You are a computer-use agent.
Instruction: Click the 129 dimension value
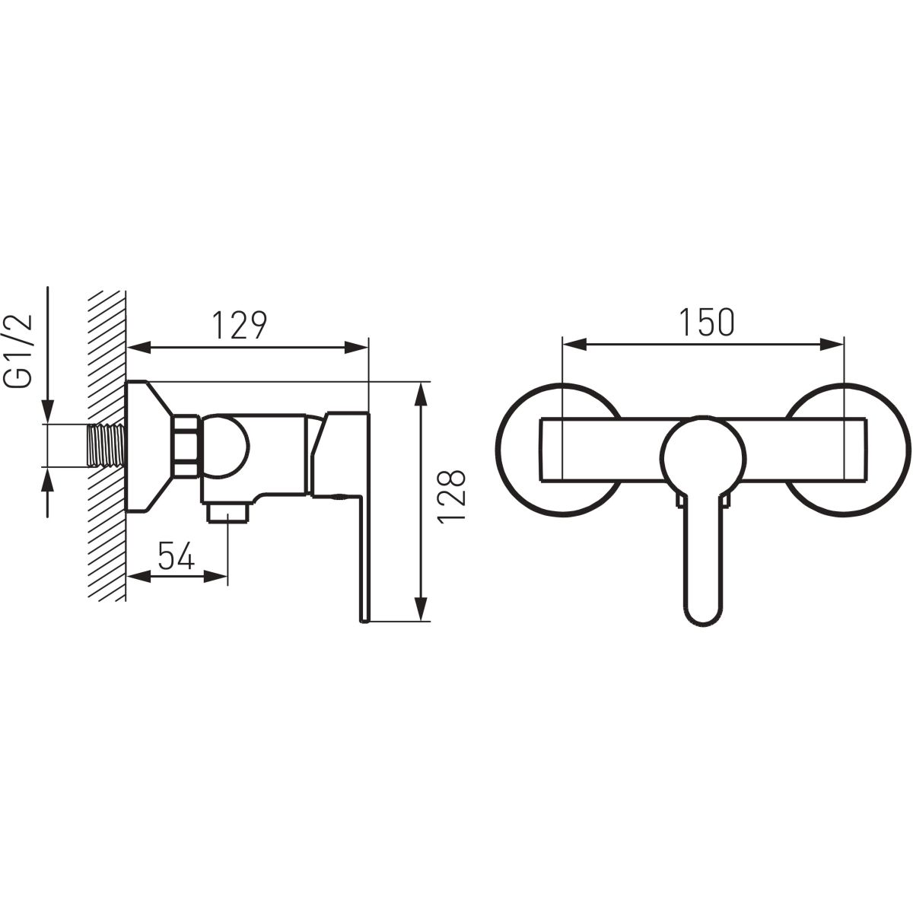[239, 325]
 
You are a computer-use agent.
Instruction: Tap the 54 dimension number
[177, 555]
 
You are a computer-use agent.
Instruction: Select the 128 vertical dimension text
[452, 497]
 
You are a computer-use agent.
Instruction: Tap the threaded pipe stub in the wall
[106, 446]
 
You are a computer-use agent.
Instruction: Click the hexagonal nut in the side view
[186, 446]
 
